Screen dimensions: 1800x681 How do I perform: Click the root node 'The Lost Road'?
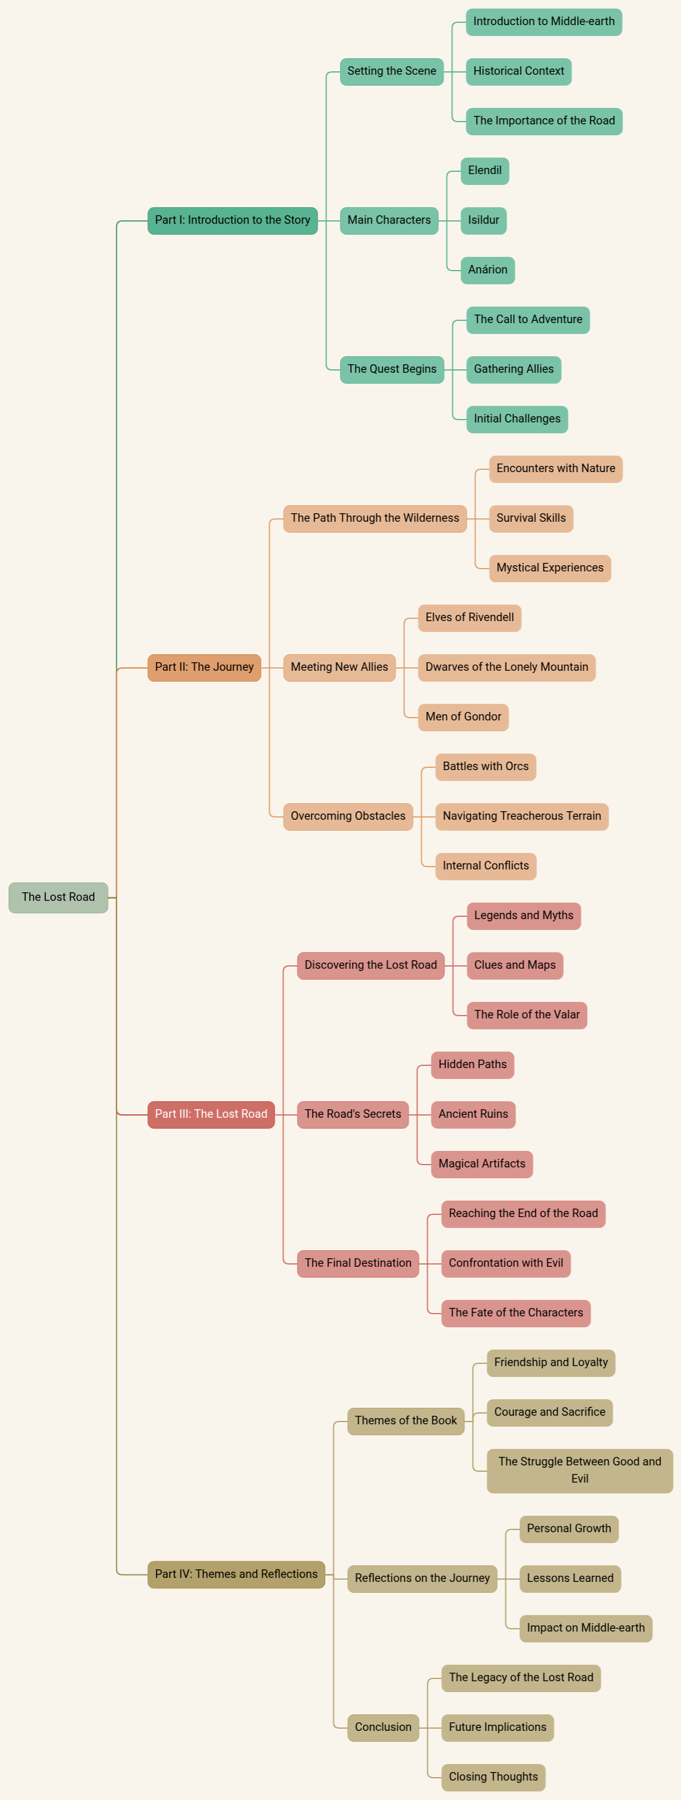coord(58,897)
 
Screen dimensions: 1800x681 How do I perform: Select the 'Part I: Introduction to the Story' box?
coord(232,220)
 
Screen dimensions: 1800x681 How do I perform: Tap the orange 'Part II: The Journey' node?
coord(204,667)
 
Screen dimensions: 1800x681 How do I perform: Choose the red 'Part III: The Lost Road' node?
coord(210,1114)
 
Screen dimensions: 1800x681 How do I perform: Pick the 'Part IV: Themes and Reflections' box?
coord(235,1575)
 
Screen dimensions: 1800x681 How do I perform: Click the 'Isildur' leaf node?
coord(483,220)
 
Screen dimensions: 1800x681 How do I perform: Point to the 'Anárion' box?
coord(487,269)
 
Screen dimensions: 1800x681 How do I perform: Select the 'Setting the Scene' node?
coord(391,71)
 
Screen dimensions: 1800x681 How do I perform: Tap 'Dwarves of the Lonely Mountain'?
coord(506,667)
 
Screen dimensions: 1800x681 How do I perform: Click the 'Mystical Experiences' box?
coord(550,568)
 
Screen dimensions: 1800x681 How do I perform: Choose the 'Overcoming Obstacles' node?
coord(347,816)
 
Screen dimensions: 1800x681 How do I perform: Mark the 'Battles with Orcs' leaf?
coord(485,767)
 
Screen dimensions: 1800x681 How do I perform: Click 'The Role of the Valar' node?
coord(527,1014)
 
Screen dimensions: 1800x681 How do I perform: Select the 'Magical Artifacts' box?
coord(482,1163)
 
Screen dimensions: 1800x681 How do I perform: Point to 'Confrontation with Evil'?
coord(506,1263)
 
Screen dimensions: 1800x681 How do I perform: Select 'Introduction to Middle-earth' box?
coord(543,22)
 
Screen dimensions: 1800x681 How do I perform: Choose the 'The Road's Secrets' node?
coord(352,1114)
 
